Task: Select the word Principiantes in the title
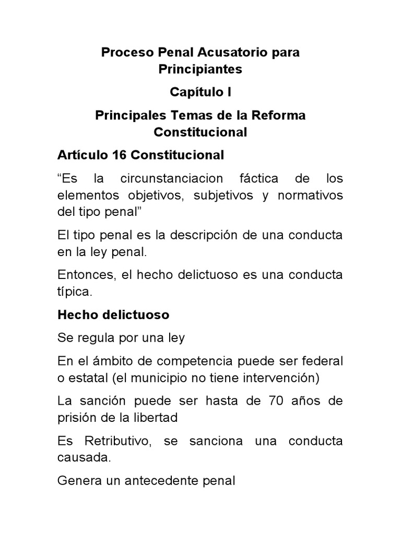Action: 200,69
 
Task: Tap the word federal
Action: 321,361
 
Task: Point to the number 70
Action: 278,401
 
